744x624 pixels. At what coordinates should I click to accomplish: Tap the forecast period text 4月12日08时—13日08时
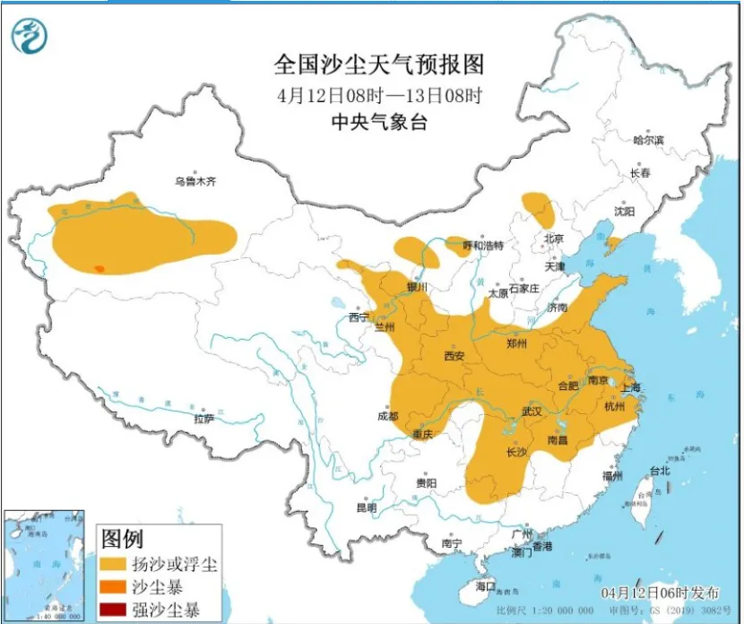[379, 95]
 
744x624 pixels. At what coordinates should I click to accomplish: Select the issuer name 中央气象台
[379, 123]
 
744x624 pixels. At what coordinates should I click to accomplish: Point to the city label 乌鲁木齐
[195, 181]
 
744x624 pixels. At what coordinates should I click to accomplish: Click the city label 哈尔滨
[648, 140]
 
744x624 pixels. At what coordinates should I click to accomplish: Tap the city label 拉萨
[203, 419]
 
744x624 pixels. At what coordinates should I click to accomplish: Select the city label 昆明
[367, 508]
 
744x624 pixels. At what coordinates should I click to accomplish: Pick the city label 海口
[485, 585]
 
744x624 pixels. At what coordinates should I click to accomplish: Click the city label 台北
[659, 471]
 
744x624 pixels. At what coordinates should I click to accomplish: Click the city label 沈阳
[625, 212]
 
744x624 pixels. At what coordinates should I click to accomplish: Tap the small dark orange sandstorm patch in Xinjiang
[99, 268]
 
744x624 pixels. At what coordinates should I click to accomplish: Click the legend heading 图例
[122, 539]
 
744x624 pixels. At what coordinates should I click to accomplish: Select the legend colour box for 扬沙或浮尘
[113, 565]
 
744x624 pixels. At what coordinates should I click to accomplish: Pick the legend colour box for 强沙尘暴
[113, 611]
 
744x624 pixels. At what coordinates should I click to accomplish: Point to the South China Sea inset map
[44, 564]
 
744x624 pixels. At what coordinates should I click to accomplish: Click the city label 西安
[454, 356]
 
